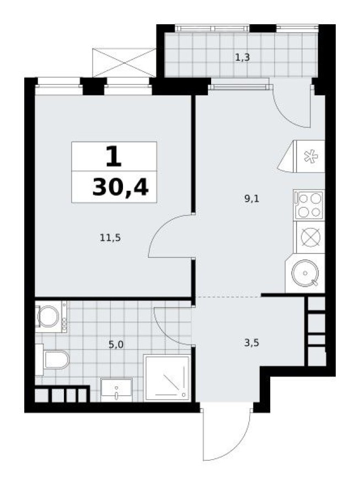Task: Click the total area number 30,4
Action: [x=120, y=188]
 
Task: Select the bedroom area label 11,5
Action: [x=111, y=238]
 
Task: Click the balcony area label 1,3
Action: [x=243, y=57]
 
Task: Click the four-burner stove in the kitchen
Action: [x=309, y=204]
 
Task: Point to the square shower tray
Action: [x=166, y=378]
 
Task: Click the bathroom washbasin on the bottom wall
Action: [x=116, y=390]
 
